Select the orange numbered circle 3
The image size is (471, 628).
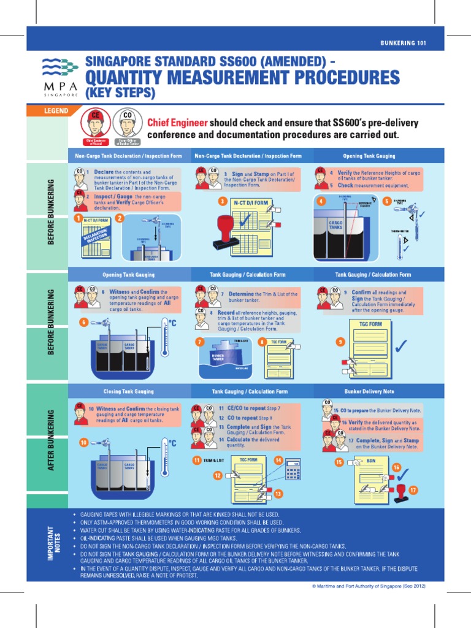pos(223,201)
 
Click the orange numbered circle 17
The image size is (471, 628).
pos(413,490)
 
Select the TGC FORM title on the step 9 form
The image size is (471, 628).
pos(370,324)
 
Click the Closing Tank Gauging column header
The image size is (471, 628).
pos(128,391)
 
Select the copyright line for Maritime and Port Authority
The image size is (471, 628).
pos(369,586)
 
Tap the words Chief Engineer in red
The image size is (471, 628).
pos(173,123)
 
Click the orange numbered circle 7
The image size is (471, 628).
pos(199,341)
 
